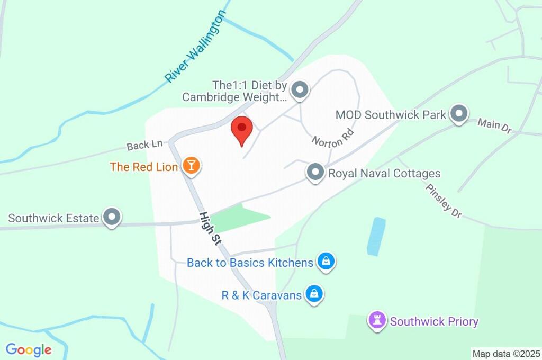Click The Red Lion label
tap(144, 167)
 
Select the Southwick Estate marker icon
tap(112, 217)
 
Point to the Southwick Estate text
tap(53, 218)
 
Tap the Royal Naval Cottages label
tap(384, 173)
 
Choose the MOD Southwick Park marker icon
tap(459, 113)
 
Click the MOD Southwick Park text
tap(391, 114)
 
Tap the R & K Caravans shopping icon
tap(314, 294)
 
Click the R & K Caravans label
tap(261, 295)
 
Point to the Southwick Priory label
tap(434, 321)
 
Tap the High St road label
tap(210, 229)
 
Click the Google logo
tap(29, 349)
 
